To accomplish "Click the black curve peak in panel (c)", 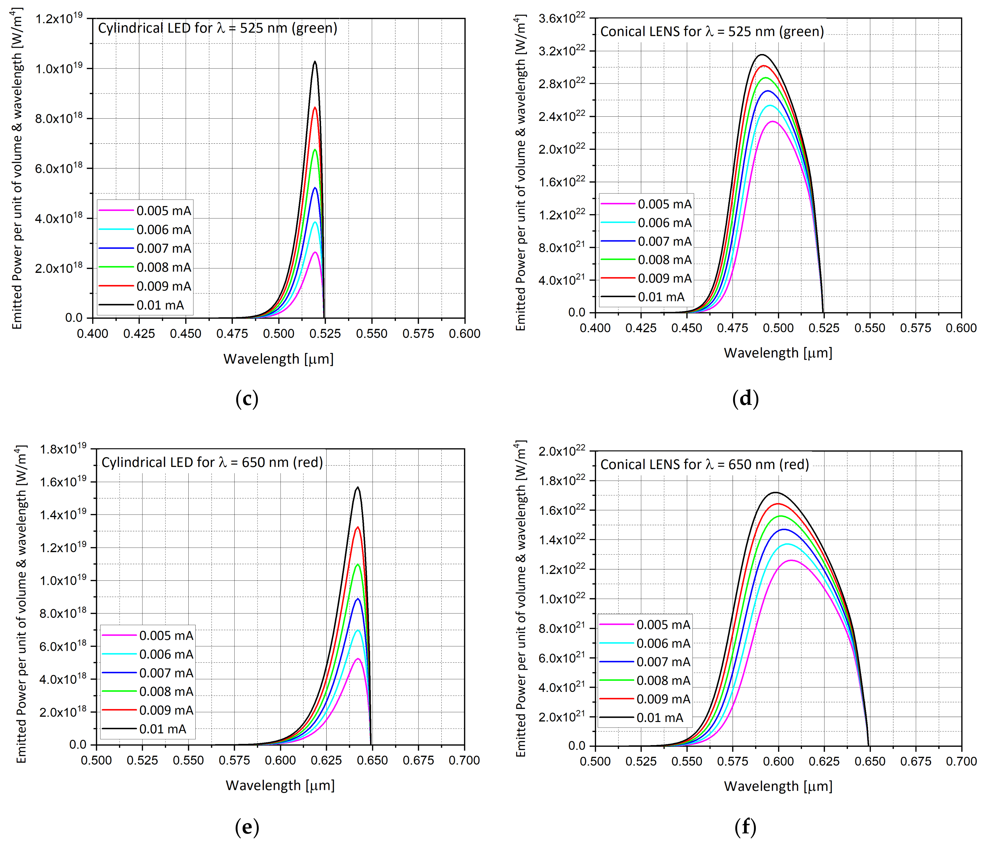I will tap(315, 62).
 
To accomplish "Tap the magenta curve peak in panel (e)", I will tap(358, 659).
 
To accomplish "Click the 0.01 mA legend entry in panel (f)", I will tap(659, 718).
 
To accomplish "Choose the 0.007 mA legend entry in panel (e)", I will tap(166, 673).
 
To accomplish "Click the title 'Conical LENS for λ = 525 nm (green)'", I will tap(712, 32).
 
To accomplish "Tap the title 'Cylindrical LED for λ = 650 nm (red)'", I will tap(212, 462).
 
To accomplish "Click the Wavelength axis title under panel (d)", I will tap(778, 353).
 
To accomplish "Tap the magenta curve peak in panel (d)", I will tap(772, 122).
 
